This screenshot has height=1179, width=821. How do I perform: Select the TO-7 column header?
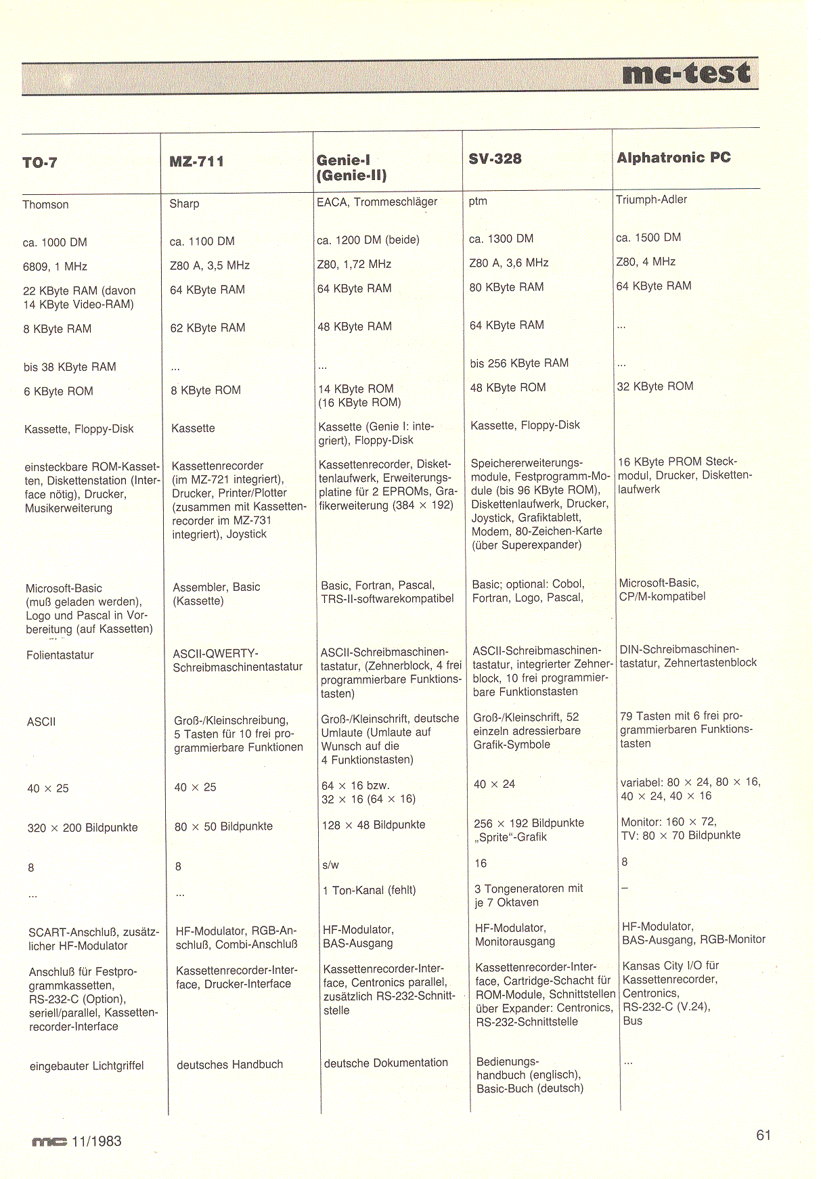pyautogui.click(x=40, y=162)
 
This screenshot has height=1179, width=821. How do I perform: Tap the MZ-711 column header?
pyautogui.click(x=196, y=161)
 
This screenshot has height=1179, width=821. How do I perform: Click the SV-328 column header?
pyautogui.click(x=495, y=158)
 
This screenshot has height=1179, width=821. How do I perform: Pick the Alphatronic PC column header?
pyautogui.click(x=673, y=158)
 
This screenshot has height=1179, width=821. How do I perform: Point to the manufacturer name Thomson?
pyautogui.click(x=45, y=204)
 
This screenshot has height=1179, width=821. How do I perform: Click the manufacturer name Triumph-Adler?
pyautogui.click(x=651, y=199)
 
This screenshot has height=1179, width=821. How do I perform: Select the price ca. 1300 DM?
pyautogui.click(x=501, y=238)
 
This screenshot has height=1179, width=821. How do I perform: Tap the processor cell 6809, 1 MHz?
pyautogui.click(x=55, y=267)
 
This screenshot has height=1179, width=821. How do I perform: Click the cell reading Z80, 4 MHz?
pyautogui.click(x=646, y=261)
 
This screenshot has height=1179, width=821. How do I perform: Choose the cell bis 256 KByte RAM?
pyautogui.click(x=519, y=363)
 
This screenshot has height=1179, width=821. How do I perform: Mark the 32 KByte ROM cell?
pyautogui.click(x=654, y=386)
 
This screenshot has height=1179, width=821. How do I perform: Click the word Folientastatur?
pyautogui.click(x=60, y=654)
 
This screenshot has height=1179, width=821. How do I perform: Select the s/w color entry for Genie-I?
pyautogui.click(x=330, y=865)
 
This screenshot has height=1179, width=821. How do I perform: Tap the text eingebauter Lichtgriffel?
pyautogui.click(x=87, y=1065)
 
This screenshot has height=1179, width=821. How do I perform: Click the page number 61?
pyautogui.click(x=763, y=1135)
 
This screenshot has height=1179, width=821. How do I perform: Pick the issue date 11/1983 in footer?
pyautogui.click(x=96, y=1141)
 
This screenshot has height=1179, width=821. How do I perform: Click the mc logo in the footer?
pyautogui.click(x=49, y=1142)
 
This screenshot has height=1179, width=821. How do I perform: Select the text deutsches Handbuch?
pyautogui.click(x=229, y=1064)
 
